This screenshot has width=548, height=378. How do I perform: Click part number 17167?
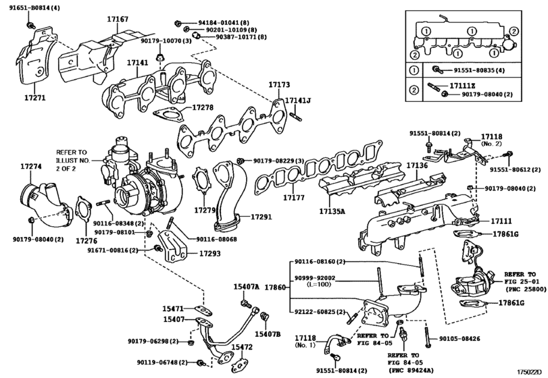pos(118,20)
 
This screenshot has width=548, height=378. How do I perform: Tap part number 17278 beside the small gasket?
pos(202,107)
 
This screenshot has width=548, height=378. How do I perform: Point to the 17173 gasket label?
pos(278,86)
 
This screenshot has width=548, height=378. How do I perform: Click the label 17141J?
pos(297,101)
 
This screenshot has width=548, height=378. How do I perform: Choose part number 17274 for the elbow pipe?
pos(30,166)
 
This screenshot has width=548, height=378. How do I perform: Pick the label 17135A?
pos(332,211)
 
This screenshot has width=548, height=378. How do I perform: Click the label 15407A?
pos(247,287)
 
